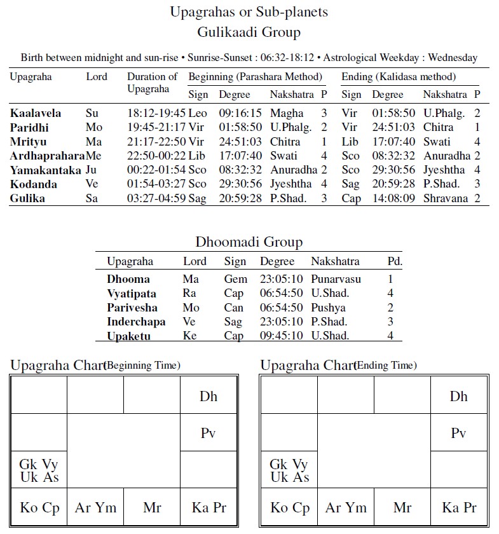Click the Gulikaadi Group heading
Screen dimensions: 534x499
tap(249, 32)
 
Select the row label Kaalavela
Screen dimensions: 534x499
tap(36, 113)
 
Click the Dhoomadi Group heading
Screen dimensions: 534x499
tap(249, 242)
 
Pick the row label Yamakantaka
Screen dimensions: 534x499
tap(45, 170)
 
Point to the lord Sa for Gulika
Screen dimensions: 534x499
tap(92, 198)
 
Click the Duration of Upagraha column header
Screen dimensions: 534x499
tap(152, 83)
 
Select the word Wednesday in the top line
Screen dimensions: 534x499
tap(453, 57)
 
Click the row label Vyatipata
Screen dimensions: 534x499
tap(132, 294)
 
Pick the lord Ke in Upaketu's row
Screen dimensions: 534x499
tap(190, 336)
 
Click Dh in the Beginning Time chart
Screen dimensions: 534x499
tap(208, 396)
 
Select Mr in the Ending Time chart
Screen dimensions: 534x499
tap(402, 507)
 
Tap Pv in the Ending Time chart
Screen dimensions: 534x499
tap(458, 434)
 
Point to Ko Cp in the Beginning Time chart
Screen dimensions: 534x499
tap(39, 507)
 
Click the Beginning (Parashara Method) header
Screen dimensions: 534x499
tap(256, 77)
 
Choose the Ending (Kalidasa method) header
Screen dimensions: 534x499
tap(399, 77)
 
